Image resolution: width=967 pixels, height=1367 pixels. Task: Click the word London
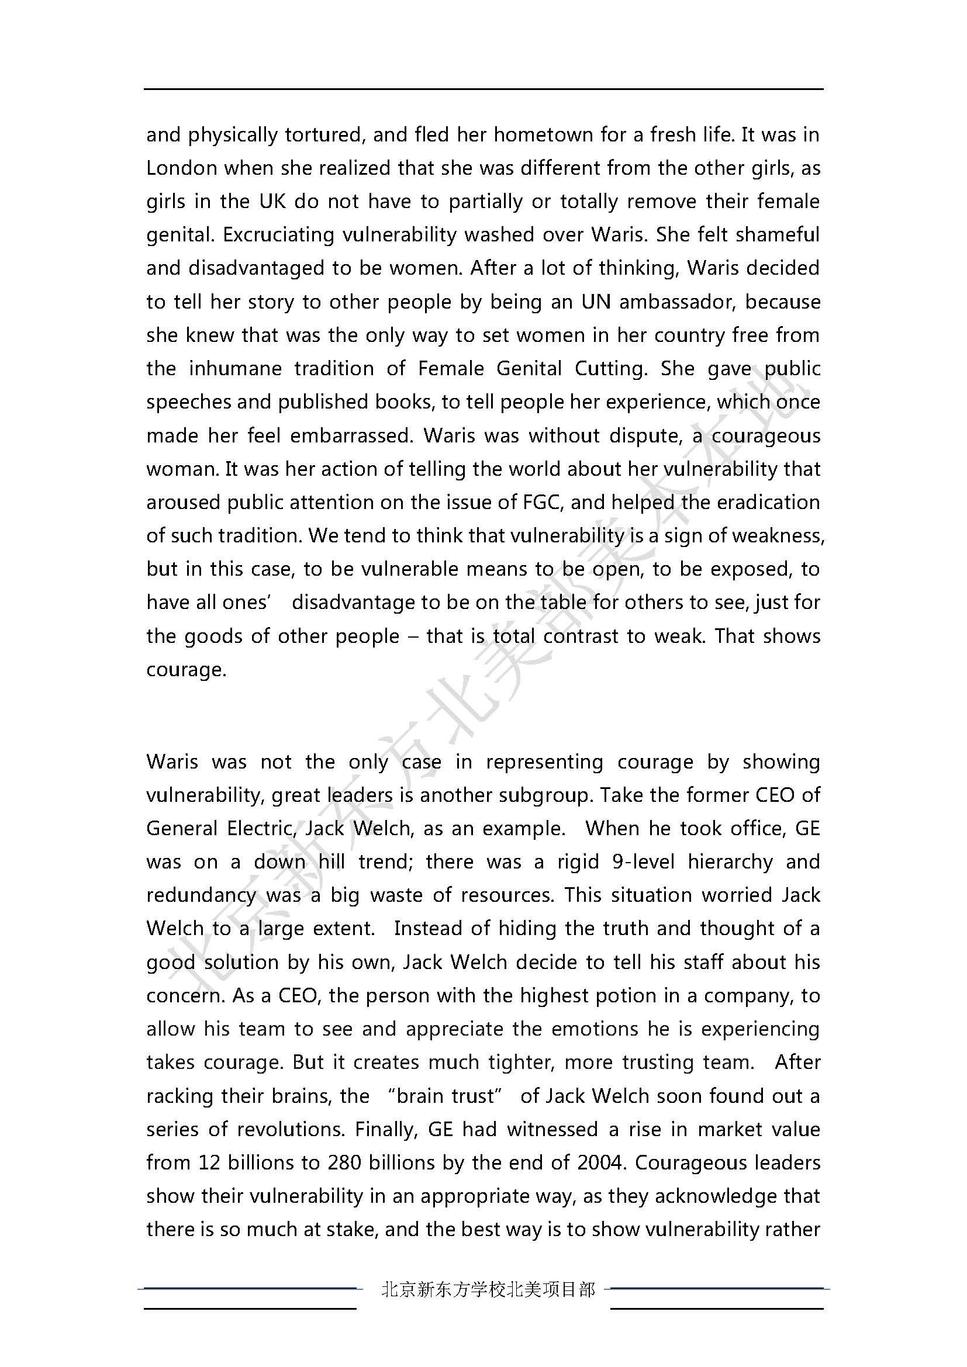[x=182, y=168]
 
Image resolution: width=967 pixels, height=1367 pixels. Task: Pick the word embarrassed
[x=351, y=436]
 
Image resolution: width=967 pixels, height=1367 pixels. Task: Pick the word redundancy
[x=201, y=895]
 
